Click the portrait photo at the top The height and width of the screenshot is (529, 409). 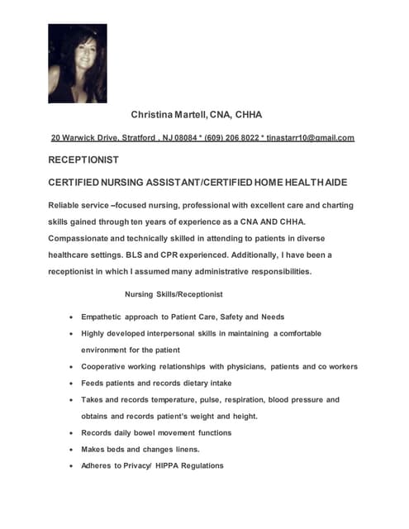click(x=77, y=63)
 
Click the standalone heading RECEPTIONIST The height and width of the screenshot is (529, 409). click(x=84, y=160)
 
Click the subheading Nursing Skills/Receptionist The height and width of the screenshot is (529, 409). click(x=173, y=294)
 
